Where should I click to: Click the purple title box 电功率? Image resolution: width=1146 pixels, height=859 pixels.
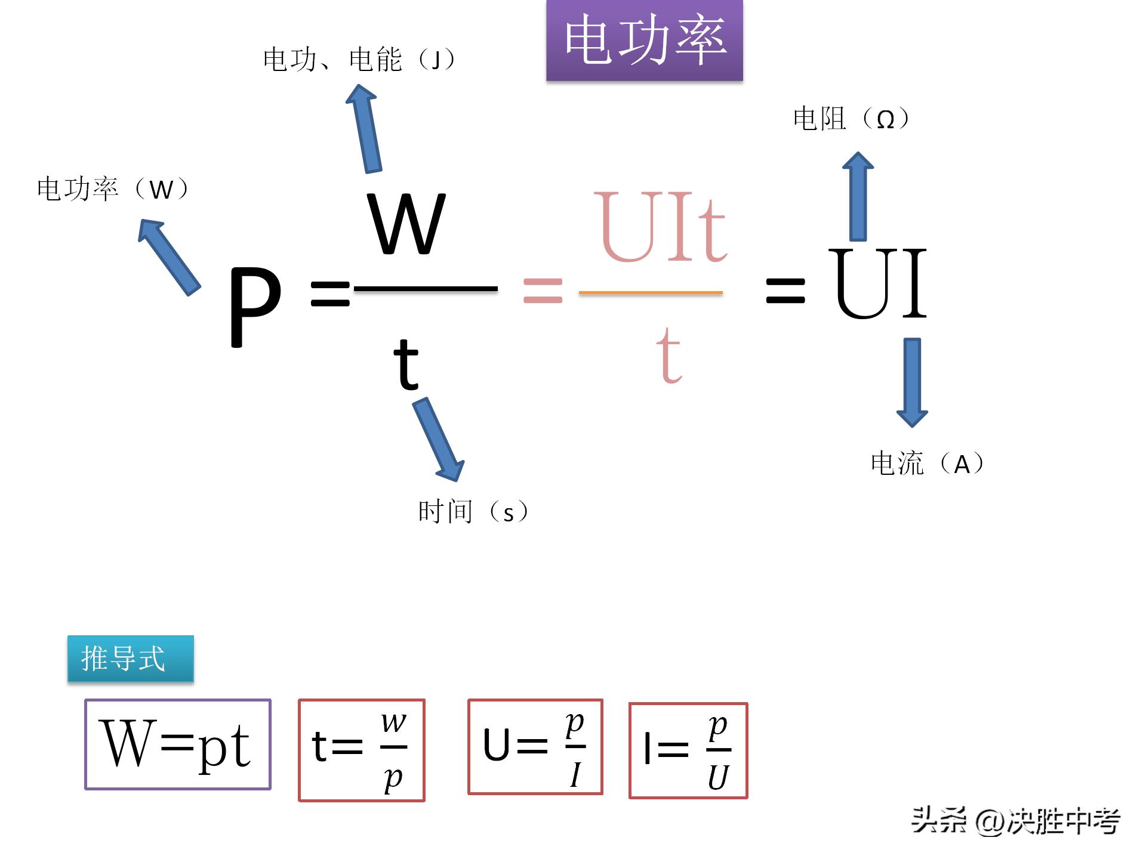(644, 40)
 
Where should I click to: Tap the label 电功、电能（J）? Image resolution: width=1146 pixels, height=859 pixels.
(359, 59)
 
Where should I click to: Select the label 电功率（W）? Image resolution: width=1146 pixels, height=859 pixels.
(113, 189)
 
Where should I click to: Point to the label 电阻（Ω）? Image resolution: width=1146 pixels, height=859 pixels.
(851, 119)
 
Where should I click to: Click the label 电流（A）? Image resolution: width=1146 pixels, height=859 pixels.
(927, 464)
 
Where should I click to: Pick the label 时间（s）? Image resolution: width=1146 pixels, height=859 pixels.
(473, 512)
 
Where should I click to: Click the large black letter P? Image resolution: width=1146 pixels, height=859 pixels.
(255, 305)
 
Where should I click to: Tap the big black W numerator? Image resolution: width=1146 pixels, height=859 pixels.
(407, 224)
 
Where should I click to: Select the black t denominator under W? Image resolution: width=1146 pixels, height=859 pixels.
(406, 363)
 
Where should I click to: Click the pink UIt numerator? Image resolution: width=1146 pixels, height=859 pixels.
(660, 227)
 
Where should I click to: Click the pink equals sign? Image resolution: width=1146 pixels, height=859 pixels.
(543, 291)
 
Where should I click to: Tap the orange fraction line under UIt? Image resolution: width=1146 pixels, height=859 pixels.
(651, 293)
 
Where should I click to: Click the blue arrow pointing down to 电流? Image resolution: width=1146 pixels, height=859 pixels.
(912, 382)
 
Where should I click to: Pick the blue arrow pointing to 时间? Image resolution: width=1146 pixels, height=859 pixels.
(439, 438)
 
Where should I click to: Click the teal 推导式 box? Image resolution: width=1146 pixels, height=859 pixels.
(130, 659)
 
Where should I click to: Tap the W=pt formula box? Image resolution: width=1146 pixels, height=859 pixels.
(178, 744)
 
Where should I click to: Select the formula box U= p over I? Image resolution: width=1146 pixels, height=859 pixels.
(535, 747)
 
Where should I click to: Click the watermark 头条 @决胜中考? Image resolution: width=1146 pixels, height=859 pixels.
(1015, 821)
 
